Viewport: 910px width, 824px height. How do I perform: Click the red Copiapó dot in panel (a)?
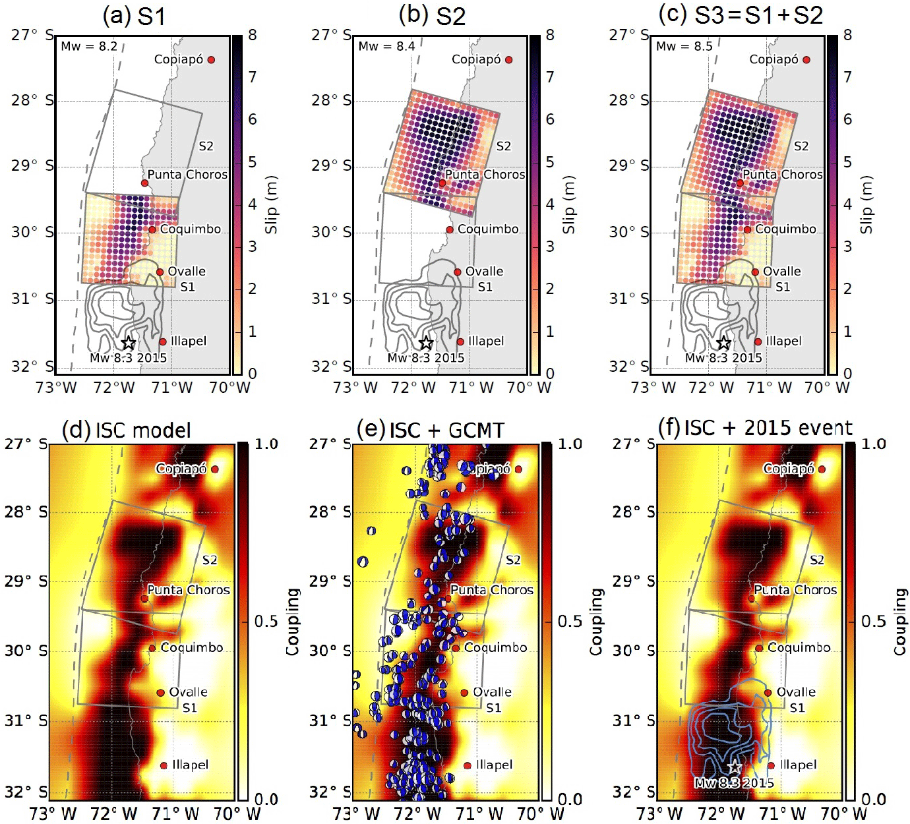211,60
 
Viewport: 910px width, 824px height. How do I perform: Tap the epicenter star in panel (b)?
426,343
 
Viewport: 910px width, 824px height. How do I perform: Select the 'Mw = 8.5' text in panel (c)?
684,46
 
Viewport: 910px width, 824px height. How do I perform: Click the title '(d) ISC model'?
127,430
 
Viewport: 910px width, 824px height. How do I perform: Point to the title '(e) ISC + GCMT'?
430,430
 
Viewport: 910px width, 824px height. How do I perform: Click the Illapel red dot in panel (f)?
771,765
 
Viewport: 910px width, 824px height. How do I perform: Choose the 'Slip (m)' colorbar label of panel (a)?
271,204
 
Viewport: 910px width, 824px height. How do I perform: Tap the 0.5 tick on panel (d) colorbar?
266,622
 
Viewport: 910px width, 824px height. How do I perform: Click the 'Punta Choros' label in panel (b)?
485,175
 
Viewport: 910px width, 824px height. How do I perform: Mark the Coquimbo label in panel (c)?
785,229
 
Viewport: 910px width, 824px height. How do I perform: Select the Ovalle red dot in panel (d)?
160,693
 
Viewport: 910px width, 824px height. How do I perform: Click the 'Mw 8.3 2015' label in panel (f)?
734,783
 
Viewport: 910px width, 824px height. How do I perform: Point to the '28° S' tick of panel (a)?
32,100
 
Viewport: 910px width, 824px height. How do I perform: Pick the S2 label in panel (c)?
801,146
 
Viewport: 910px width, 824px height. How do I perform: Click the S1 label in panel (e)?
493,708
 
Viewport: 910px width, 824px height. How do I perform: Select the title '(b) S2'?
432,16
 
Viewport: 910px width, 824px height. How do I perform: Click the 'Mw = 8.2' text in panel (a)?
89,46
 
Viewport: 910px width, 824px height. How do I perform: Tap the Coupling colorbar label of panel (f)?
900,622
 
